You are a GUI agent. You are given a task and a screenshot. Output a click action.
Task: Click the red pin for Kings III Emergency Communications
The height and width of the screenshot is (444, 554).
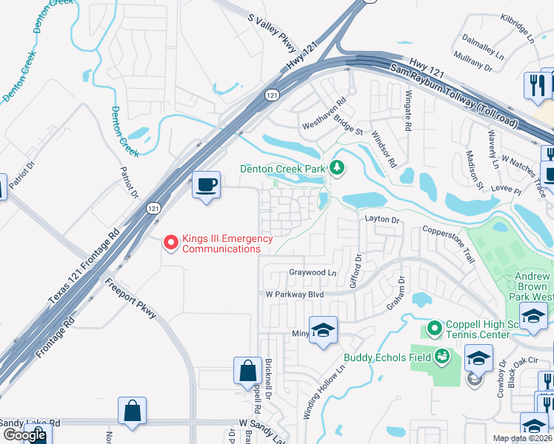click(171, 242)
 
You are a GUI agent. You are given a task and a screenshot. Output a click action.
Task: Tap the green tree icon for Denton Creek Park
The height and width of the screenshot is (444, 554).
click(338, 168)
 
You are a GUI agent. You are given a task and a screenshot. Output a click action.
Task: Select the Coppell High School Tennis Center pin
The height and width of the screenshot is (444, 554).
click(434, 326)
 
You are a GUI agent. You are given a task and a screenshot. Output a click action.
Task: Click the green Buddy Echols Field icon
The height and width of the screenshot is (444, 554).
click(442, 357)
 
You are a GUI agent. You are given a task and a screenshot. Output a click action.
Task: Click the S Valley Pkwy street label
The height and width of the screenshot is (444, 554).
click(272, 33)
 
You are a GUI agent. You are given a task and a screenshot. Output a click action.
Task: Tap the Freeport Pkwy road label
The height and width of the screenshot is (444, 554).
click(130, 298)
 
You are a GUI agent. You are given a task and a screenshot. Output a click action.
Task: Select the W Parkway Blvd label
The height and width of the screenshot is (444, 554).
click(296, 294)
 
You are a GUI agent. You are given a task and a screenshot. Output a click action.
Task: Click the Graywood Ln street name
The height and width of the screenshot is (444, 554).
click(313, 272)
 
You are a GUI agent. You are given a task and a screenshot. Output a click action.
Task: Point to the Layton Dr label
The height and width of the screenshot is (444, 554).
click(381, 219)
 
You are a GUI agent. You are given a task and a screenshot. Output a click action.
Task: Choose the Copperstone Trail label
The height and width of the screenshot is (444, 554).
click(448, 245)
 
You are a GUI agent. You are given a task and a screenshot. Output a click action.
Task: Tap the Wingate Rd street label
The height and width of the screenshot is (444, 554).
click(407, 110)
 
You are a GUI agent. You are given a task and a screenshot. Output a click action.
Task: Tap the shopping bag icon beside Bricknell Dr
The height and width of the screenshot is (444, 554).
click(247, 371)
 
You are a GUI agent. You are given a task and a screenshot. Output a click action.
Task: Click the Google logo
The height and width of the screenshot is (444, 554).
click(24, 434)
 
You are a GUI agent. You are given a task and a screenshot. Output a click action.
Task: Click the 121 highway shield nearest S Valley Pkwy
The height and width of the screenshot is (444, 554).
click(273, 95)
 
